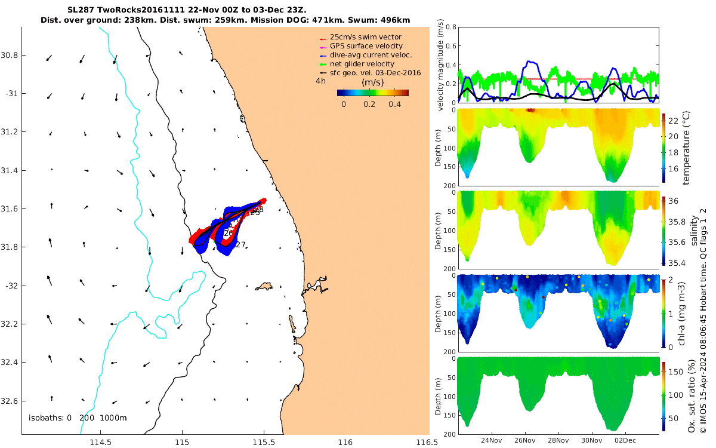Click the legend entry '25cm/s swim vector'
(370, 37)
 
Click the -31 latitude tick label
(10, 94)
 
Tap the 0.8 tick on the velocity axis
(450, 27)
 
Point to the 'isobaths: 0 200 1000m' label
(78, 418)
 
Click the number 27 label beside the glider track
(241, 245)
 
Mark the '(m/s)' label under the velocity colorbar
(373, 82)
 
